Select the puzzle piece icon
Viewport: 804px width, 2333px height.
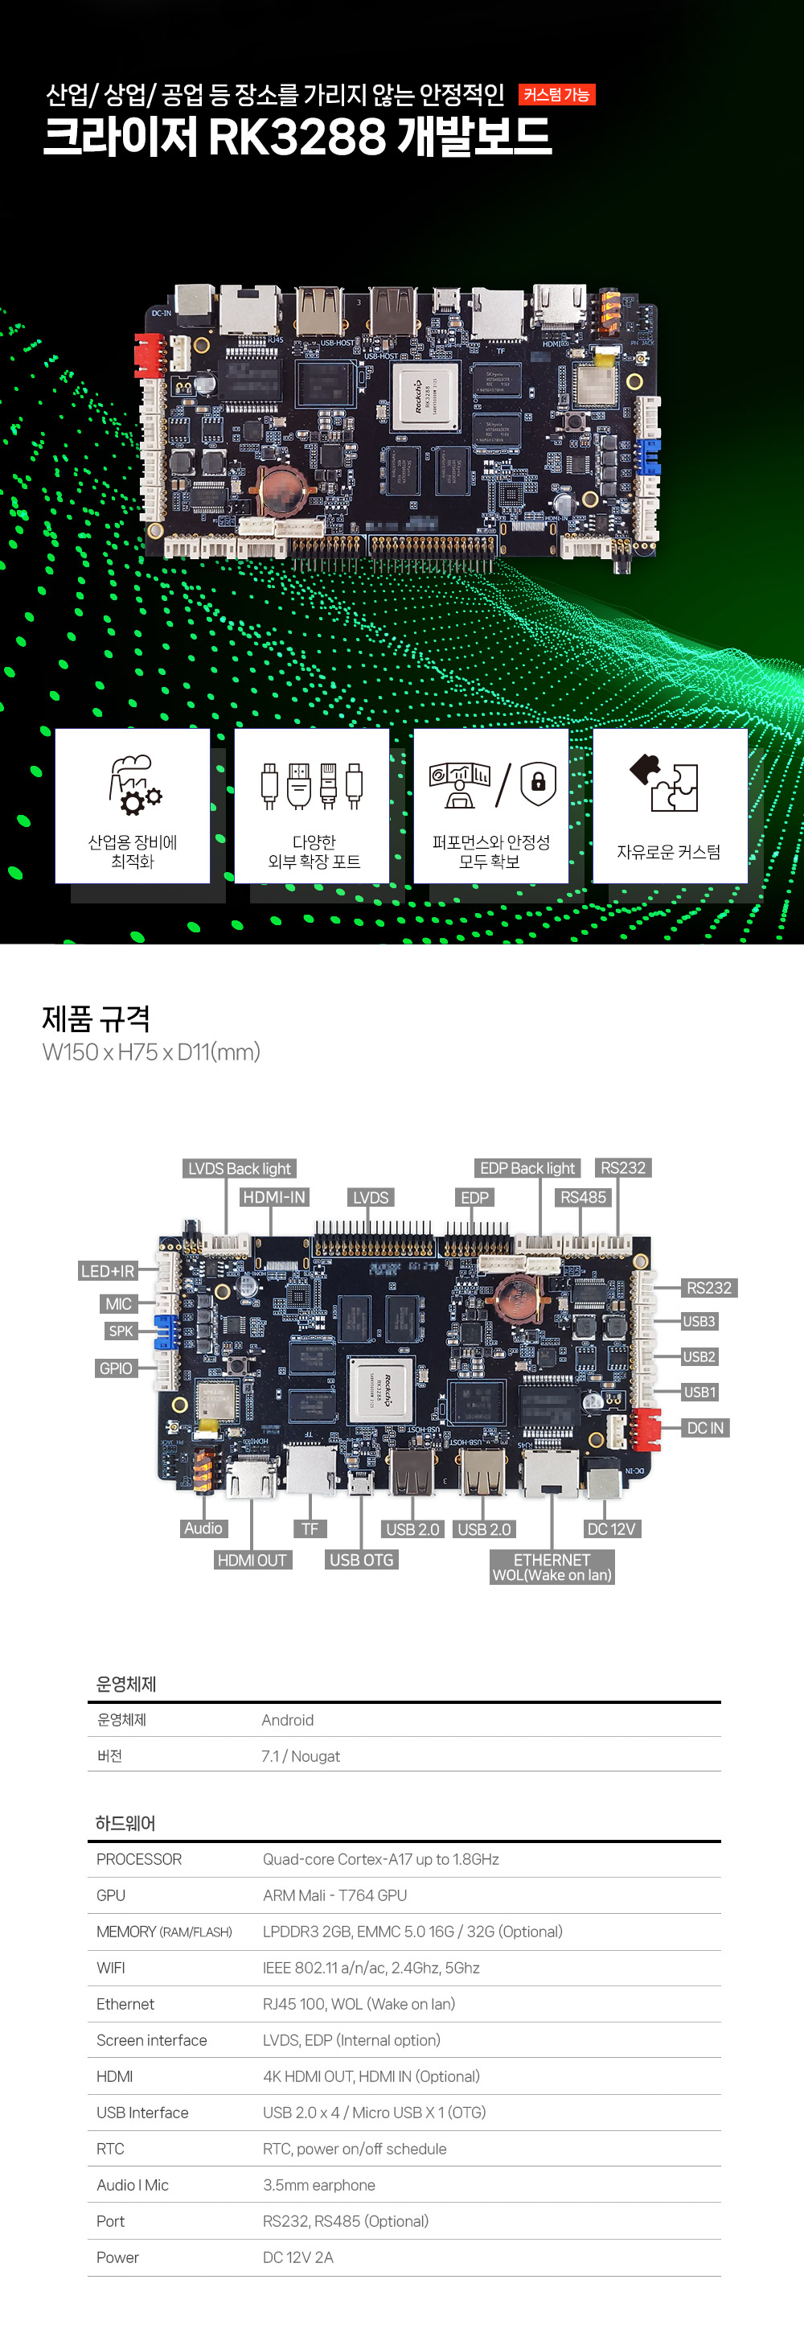pos(665,783)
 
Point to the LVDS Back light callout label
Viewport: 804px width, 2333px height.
pos(240,1168)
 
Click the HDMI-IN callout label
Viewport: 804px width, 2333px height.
pos(274,1197)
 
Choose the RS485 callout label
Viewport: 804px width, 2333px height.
pos(583,1197)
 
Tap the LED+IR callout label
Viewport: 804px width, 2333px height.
pos(108,1270)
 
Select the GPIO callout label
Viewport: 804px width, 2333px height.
pos(116,1368)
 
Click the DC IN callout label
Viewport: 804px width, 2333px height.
pos(705,1428)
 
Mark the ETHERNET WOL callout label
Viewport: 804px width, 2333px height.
pos(552,1567)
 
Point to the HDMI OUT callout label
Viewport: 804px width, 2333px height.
pos(252,1560)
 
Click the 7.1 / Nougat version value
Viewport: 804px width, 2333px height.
pos(301,1756)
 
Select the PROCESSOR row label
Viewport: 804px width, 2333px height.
pos(139,1859)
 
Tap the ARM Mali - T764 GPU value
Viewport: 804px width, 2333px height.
pos(335,1895)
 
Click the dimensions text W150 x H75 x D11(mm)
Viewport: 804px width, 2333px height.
pos(151,1051)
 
